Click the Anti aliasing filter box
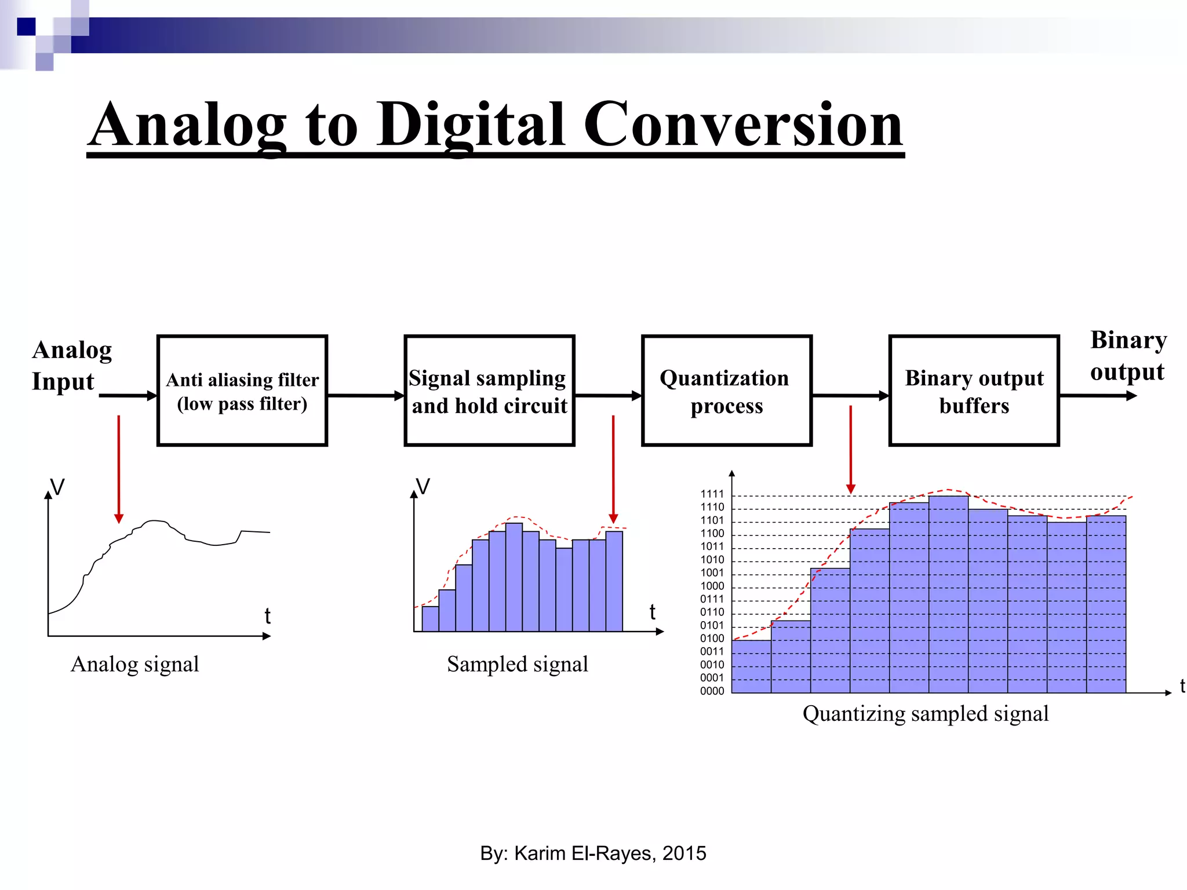(242, 391)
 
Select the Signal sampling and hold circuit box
(489, 391)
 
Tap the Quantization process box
(726, 391)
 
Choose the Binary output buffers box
(974, 391)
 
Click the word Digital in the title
(471, 125)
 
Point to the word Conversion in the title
(742, 125)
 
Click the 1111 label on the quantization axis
(712, 494)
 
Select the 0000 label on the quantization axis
(712, 691)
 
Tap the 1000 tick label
(712, 586)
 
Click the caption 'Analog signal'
(134, 664)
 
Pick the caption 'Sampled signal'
(517, 664)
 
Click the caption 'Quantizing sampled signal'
(925, 713)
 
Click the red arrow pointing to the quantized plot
(850, 449)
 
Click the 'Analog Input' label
(71, 365)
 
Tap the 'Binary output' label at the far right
(1128, 355)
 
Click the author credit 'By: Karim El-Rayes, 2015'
(593, 853)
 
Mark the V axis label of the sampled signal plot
(424, 487)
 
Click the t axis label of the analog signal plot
(267, 615)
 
